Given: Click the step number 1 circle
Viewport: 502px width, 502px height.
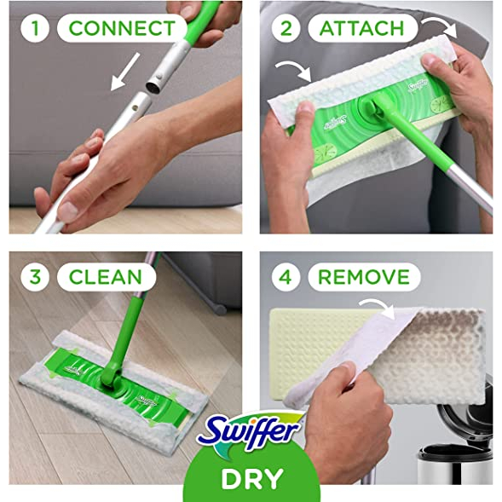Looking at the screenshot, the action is point(35,28).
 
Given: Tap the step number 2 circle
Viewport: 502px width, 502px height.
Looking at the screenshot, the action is point(286,28).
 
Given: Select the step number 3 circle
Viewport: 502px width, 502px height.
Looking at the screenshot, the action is point(35,277).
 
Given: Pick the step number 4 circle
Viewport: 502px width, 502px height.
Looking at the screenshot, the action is point(286,277).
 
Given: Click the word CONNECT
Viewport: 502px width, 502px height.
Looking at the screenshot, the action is point(122,28).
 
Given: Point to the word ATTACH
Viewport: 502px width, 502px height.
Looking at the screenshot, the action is point(361,28).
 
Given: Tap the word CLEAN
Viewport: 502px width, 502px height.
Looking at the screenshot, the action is point(106,277).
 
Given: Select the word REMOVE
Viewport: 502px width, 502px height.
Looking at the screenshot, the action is point(364,277).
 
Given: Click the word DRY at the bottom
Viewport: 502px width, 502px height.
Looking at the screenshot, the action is point(252,479).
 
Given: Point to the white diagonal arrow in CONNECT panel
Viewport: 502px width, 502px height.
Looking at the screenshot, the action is point(124,72).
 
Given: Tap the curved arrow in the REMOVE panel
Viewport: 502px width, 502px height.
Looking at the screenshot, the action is point(378,306).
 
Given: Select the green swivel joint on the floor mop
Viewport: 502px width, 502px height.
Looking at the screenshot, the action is point(112,378).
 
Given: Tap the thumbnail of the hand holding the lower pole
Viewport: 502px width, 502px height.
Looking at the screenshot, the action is point(68,212).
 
